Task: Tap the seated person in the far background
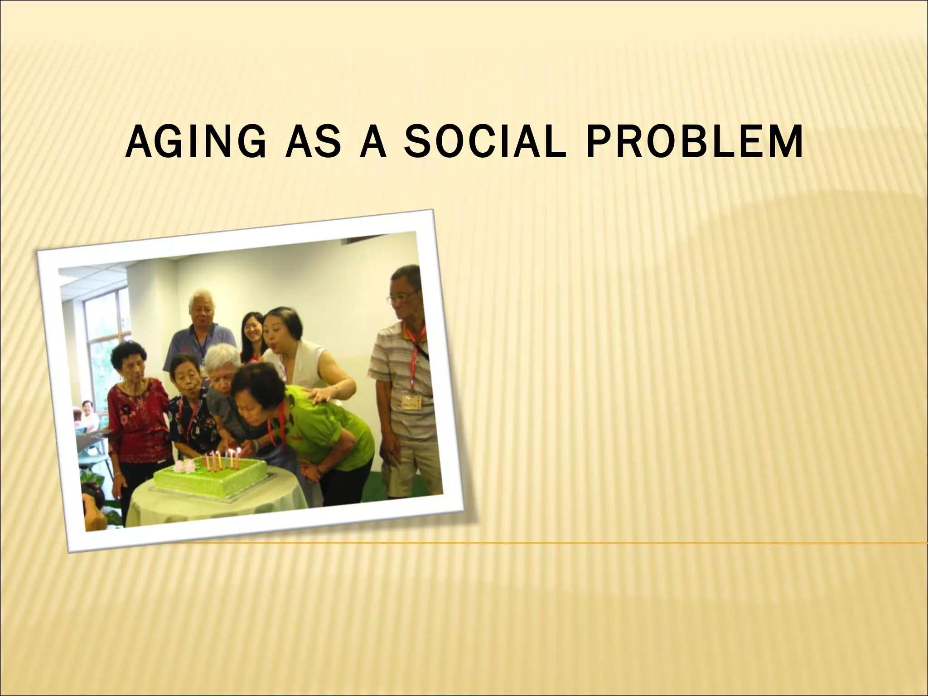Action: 89,415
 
